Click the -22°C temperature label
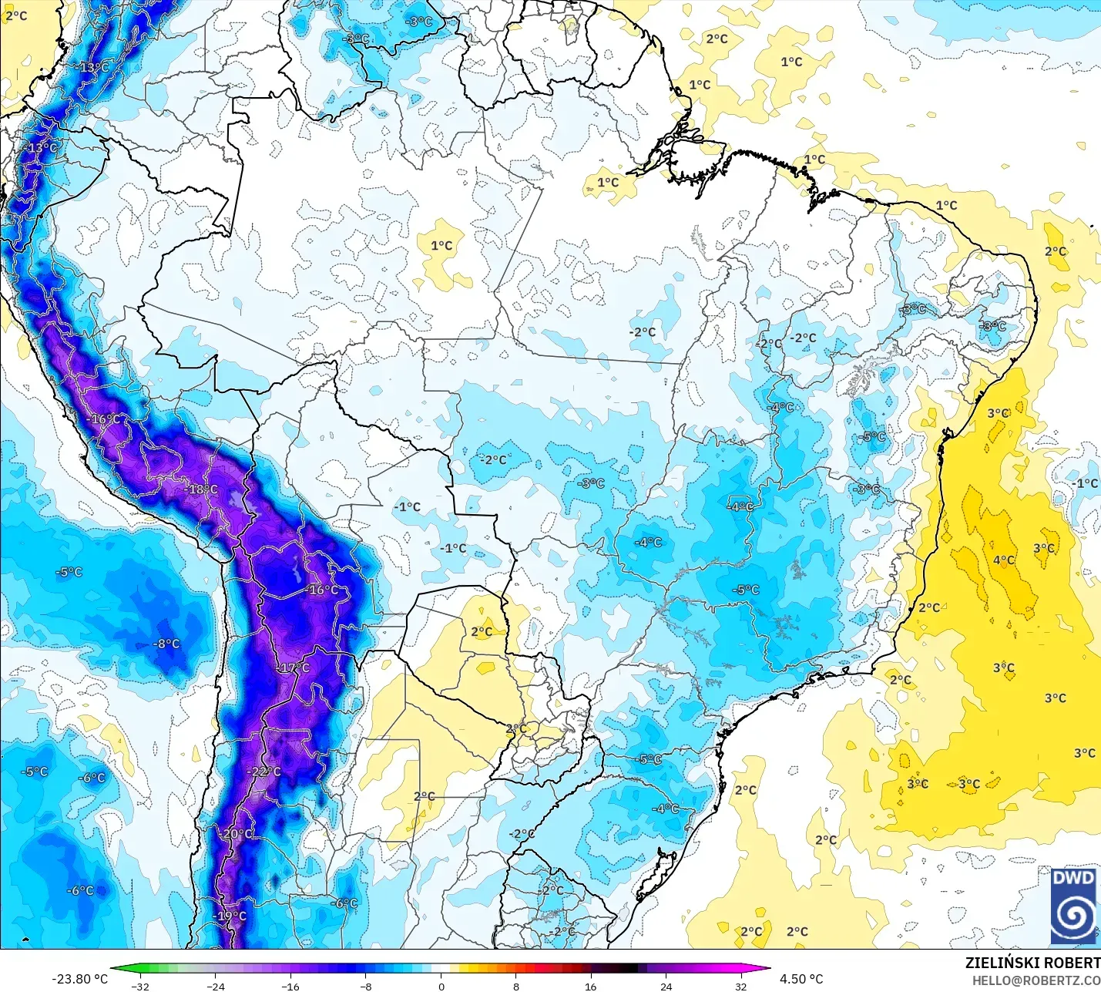[264, 772]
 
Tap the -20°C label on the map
[237, 834]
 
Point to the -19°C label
[230, 916]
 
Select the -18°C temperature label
[201, 489]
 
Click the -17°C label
[293, 667]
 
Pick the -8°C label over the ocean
[166, 644]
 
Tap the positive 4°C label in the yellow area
[1004, 560]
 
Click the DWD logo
[1073, 905]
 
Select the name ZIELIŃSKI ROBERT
[1032, 963]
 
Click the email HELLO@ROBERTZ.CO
[1036, 980]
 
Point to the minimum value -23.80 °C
[80, 979]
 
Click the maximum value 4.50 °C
[801, 979]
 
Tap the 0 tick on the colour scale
[441, 986]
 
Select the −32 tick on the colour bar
[139, 986]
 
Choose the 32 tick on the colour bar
[741, 986]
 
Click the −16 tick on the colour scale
[290, 986]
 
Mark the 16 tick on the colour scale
[591, 986]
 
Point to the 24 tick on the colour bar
[666, 986]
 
